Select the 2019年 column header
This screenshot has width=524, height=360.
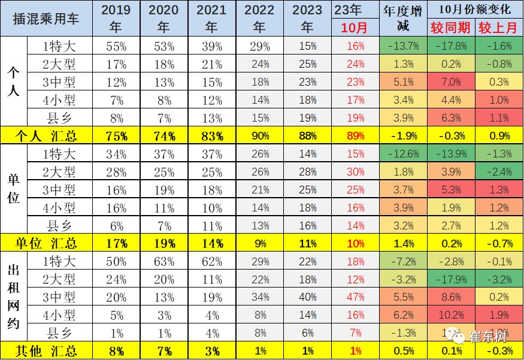click(116, 19)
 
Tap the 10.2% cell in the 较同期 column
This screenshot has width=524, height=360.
click(450, 314)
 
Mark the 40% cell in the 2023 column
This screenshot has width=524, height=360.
click(307, 297)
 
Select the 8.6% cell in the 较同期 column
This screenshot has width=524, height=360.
click(450, 297)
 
